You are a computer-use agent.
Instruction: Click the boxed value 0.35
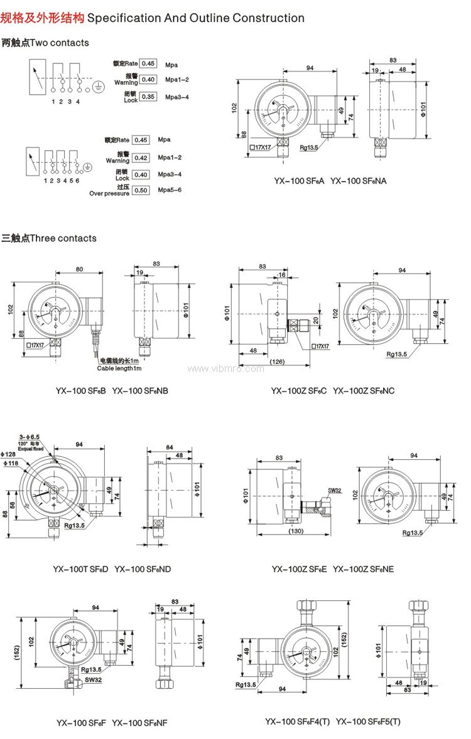148,97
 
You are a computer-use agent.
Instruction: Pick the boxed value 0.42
141,157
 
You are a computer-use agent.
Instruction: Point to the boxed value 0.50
141,190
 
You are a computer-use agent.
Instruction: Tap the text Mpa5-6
170,190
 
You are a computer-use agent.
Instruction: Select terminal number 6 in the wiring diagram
78,181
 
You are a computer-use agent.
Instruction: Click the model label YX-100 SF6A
299,181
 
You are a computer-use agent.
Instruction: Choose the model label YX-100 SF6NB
140,391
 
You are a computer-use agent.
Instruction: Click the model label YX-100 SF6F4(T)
298,722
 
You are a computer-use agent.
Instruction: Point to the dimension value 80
80,270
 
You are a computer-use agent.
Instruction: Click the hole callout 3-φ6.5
30,436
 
